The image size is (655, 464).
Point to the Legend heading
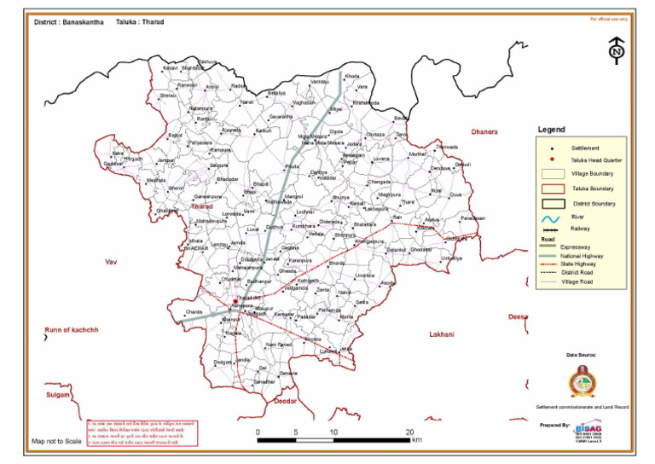(x=552, y=130)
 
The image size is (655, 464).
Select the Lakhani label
(x=443, y=334)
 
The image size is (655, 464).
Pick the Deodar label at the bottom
(x=282, y=400)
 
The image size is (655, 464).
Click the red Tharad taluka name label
(x=202, y=206)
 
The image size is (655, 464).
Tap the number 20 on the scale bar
(x=409, y=432)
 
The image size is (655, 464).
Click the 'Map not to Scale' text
(x=56, y=442)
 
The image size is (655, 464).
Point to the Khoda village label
(x=351, y=77)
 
